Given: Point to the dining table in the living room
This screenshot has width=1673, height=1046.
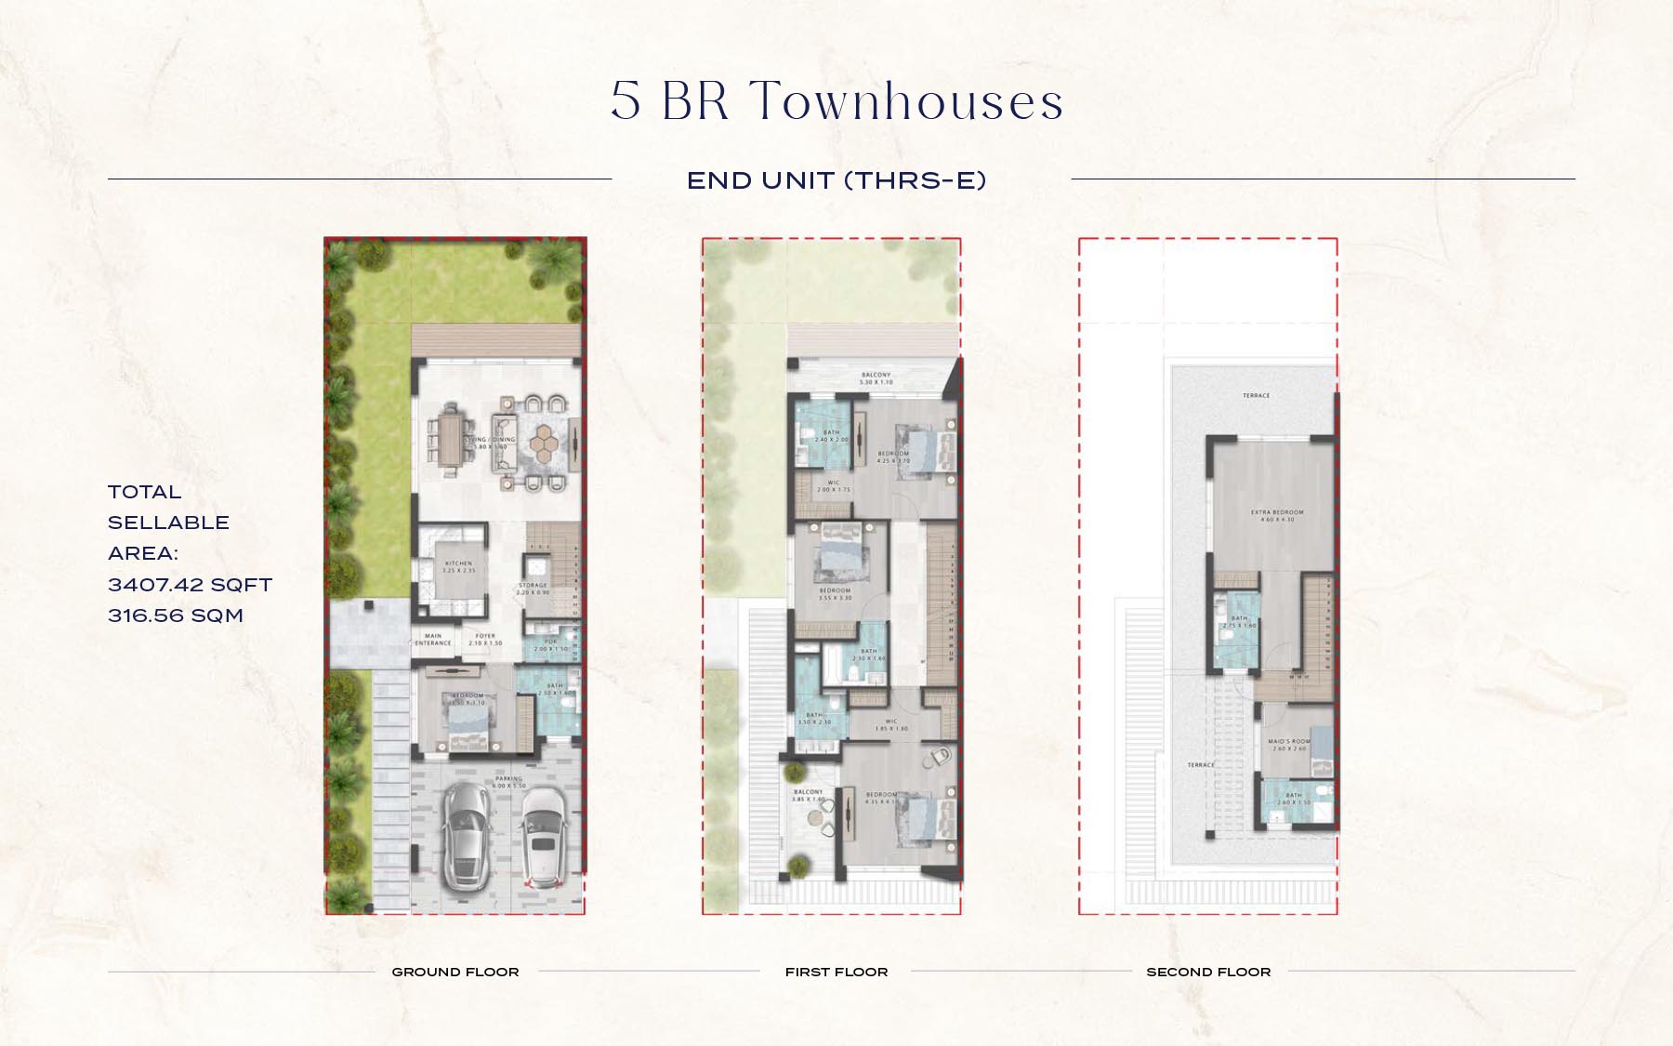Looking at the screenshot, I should click(x=451, y=438).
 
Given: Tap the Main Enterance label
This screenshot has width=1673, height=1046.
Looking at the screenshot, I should click(x=433, y=640).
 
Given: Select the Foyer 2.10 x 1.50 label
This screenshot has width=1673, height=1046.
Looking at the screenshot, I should click(x=485, y=640).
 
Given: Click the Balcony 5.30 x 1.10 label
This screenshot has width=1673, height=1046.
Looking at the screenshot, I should click(x=876, y=378).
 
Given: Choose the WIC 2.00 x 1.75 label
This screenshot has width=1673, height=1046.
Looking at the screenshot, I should click(x=834, y=486).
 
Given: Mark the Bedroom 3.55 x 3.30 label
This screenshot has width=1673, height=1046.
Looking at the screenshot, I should click(x=835, y=594).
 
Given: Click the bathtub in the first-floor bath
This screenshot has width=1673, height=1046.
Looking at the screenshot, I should click(x=807, y=683).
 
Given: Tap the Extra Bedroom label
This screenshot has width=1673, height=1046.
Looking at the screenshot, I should click(x=1277, y=516).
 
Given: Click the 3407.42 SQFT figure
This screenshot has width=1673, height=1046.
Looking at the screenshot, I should click(x=190, y=585).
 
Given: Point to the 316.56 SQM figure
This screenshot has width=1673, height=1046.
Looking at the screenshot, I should click(x=176, y=616).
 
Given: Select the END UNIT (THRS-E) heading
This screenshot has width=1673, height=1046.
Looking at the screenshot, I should click(x=836, y=180).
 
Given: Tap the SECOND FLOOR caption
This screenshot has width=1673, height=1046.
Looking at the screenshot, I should click(x=1208, y=972).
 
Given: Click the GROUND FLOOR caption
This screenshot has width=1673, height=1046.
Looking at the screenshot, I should click(x=455, y=972).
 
